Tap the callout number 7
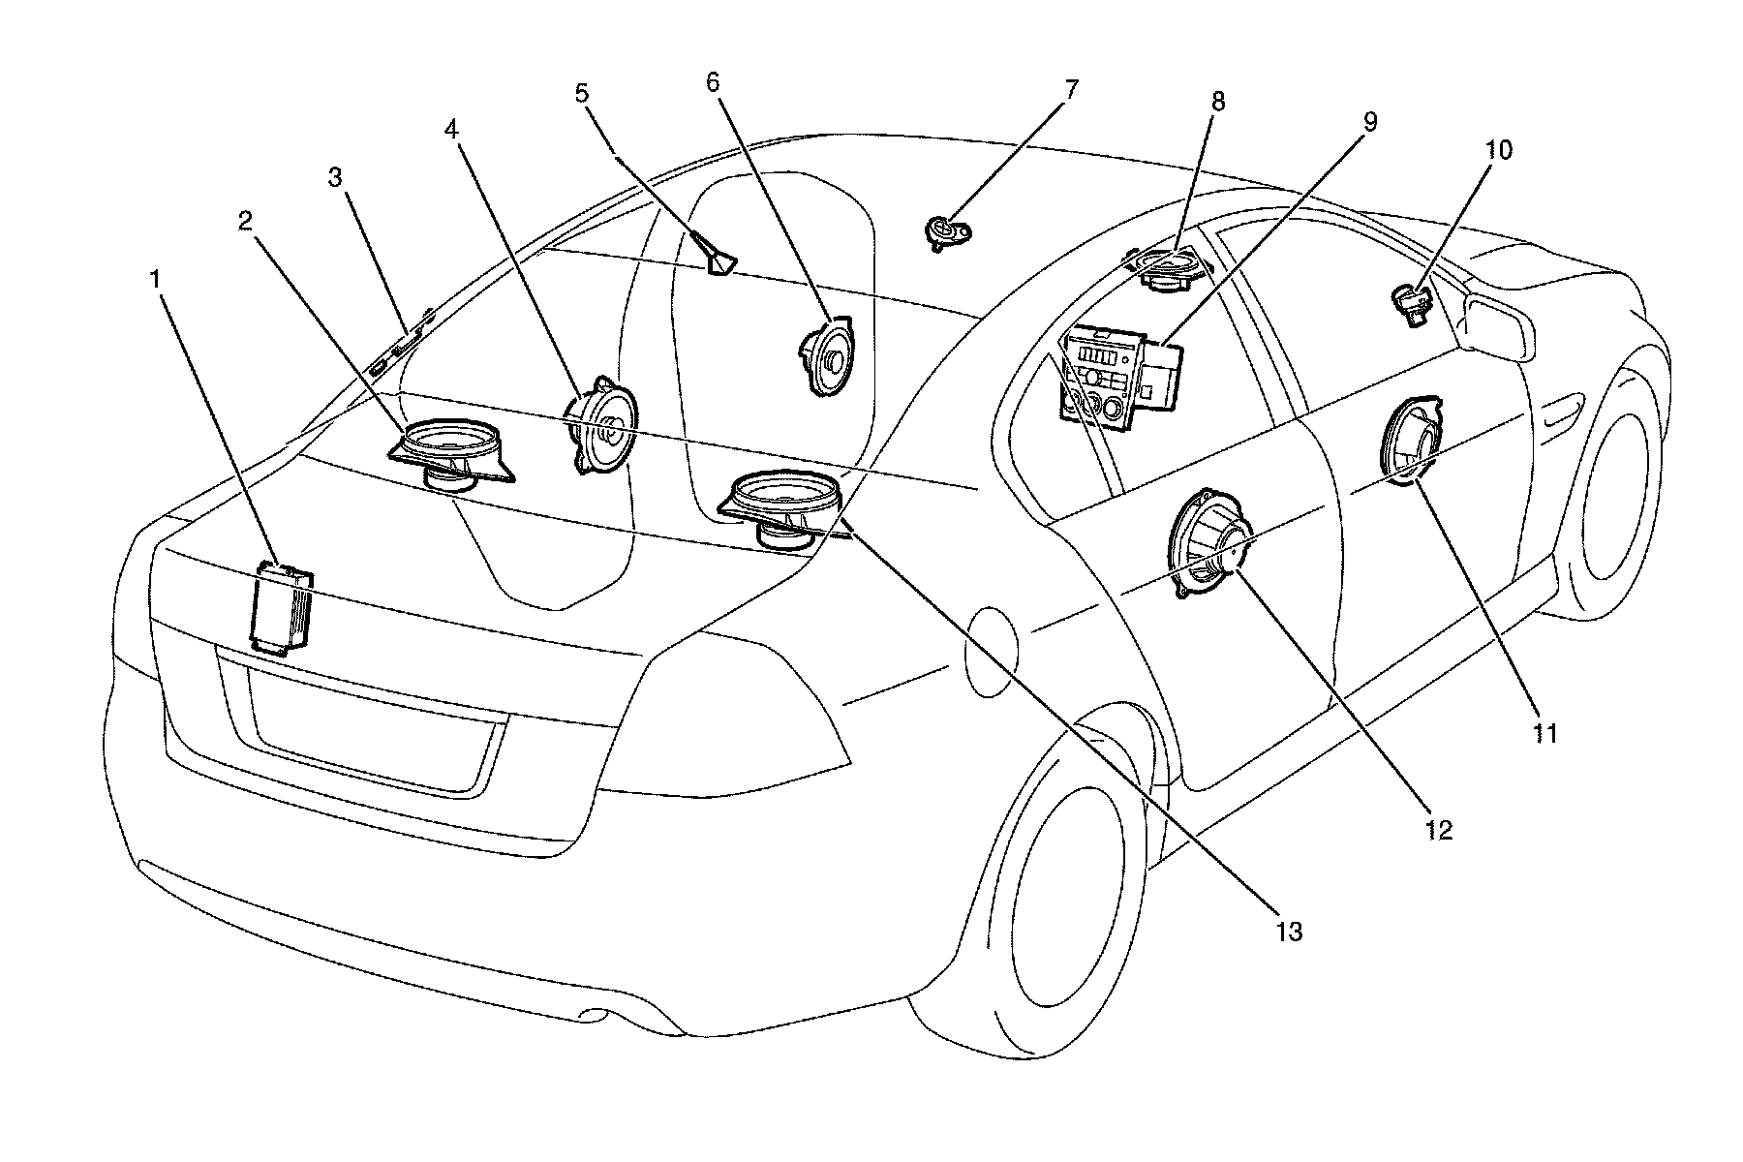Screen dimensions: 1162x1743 coord(1070,90)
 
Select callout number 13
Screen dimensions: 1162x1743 coord(1289,932)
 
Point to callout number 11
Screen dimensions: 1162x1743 coord(1544,733)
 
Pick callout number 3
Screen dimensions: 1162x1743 coord(335,177)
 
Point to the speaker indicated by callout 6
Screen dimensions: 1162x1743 coord(826,357)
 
